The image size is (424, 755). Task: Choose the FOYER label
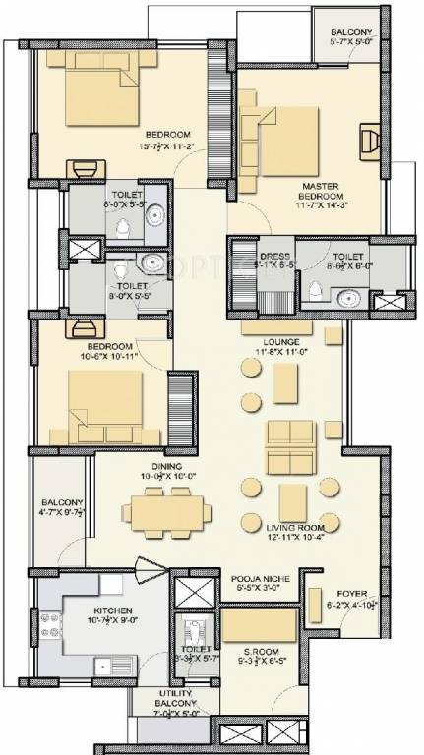coord(347,595)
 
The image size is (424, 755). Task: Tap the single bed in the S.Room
coord(257,625)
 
